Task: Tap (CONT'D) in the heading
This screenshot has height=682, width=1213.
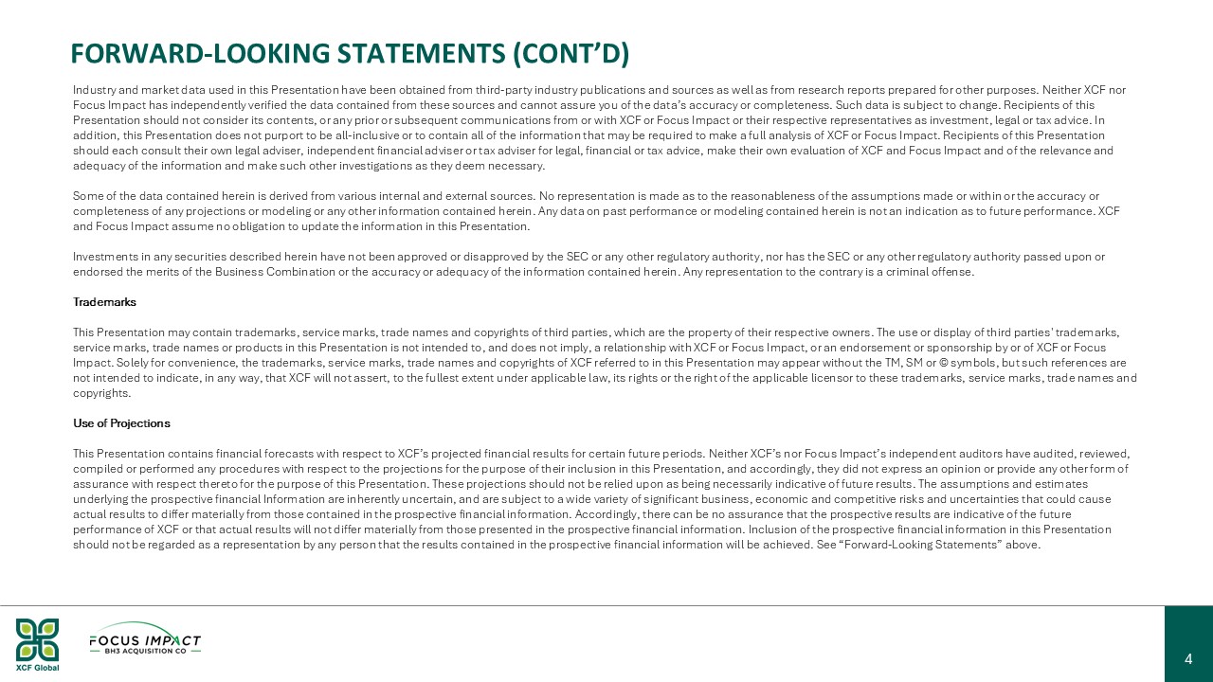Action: click(571, 54)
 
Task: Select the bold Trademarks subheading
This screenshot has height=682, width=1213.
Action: click(104, 302)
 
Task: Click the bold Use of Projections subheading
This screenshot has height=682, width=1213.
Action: click(121, 423)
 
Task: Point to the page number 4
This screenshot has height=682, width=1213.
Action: click(1188, 659)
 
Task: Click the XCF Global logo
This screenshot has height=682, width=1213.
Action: click(37, 644)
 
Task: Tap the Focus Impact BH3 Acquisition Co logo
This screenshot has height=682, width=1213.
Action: click(145, 640)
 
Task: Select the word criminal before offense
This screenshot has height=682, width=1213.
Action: click(911, 272)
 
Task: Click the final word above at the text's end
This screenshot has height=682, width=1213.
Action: click(1023, 545)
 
